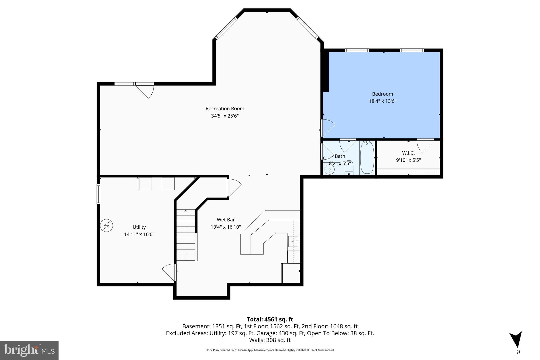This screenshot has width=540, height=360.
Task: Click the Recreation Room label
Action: pos(225,108)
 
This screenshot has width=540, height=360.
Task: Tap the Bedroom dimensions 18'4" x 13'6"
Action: pos(382,101)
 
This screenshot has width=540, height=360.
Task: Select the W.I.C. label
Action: pos(408,153)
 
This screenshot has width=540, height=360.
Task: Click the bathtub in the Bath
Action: pos(367,158)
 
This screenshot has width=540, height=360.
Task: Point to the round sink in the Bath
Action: pos(330,169)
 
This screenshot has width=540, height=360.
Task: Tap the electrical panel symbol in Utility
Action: pos(107,226)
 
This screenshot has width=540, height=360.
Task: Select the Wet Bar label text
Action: pos(226,219)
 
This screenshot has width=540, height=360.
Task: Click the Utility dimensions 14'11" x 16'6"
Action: pos(139,234)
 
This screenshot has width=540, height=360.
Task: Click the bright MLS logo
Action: pos(29,350)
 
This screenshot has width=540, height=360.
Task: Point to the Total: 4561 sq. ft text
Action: pos(270,319)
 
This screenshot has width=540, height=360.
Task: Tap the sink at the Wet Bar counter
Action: pos(293,241)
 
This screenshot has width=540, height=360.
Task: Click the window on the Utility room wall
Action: pos(98,194)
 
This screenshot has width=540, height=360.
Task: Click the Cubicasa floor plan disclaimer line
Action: pos(270,350)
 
